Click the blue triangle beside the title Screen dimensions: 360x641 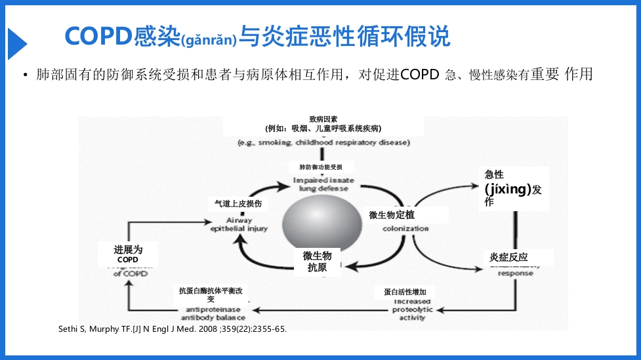pos(16,44)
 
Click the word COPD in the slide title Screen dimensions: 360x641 pos(98,37)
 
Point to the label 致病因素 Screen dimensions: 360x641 pos(323,119)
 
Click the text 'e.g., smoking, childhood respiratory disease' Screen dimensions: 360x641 pos(323,142)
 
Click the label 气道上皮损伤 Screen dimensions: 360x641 pos(238,204)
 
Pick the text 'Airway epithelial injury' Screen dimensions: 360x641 pos(239,224)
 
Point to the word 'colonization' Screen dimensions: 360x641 pos(405,228)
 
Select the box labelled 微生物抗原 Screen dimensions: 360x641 pos(317,261)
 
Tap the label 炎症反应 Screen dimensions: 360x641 pos(508,257)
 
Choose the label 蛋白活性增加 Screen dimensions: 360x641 pos(409,292)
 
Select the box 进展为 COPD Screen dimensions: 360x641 pos(128,254)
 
